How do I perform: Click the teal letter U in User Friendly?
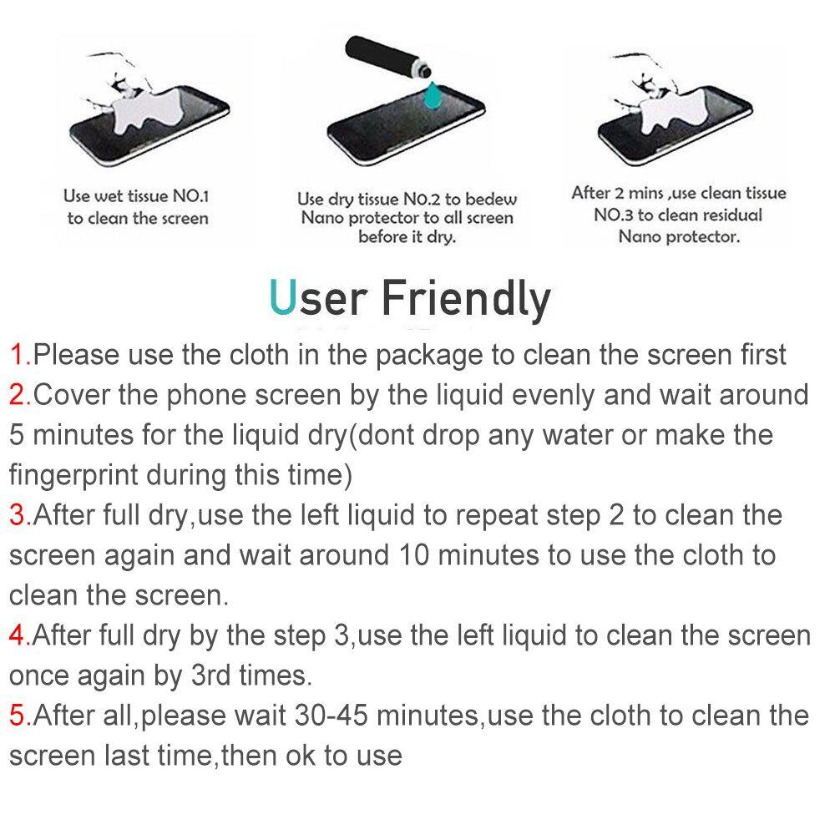[x=282, y=297]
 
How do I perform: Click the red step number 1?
[x=18, y=355]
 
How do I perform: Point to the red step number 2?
[x=18, y=395]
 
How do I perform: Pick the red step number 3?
[x=18, y=515]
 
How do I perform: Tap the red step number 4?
[x=18, y=635]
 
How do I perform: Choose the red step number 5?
[x=18, y=716]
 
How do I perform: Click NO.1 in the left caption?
[x=190, y=196]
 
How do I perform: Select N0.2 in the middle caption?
[x=421, y=200]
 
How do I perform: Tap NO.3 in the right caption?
[x=613, y=215]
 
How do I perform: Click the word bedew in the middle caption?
[x=491, y=200]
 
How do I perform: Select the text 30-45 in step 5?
[x=331, y=716]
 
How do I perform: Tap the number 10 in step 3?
[x=414, y=555]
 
